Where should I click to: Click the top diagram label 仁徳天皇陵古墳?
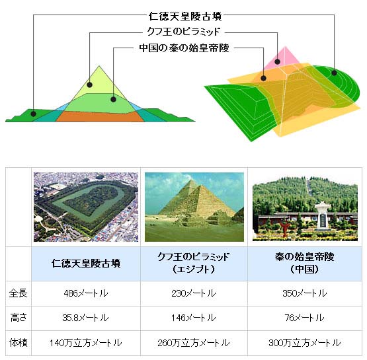[185, 17]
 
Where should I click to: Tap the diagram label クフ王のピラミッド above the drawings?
[184, 31]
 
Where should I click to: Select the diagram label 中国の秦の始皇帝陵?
[184, 48]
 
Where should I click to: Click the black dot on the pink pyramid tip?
[277, 61]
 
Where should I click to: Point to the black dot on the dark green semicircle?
[334, 73]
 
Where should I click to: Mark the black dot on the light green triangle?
[89, 85]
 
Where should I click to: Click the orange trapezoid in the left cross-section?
[100, 116]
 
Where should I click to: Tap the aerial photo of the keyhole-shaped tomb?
[86, 207]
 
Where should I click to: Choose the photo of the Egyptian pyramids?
[194, 207]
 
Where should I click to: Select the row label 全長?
[19, 293]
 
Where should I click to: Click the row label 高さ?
[19, 318]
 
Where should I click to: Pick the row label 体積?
[19, 343]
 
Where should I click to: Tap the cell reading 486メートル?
[86, 293]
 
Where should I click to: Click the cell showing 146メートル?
[194, 318]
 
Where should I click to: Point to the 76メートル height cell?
[304, 318]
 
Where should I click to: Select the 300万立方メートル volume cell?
[304, 343]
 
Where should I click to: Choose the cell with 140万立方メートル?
[86, 343]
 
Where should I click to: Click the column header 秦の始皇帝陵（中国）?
[304, 263]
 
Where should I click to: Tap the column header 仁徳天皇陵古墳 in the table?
[86, 264]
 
